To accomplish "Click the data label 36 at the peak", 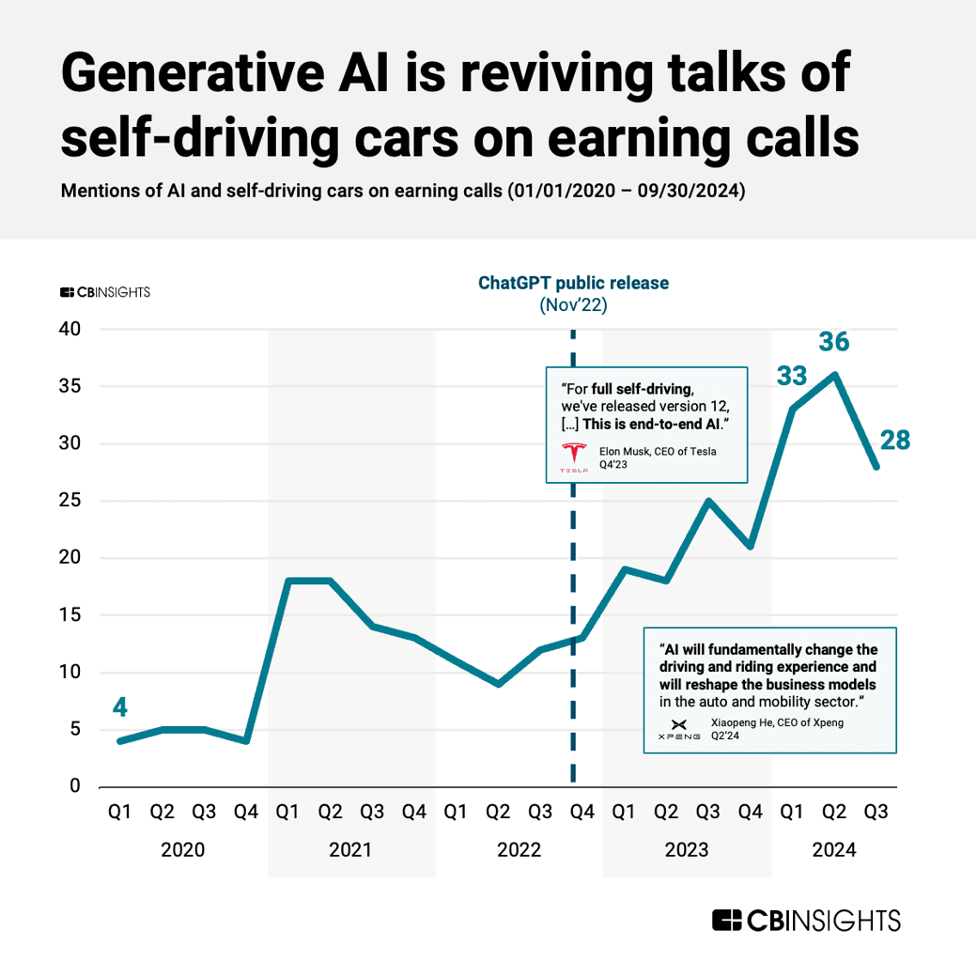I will click(x=834, y=341).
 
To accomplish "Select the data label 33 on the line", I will click(x=792, y=377).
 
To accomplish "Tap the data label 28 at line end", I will click(x=894, y=440).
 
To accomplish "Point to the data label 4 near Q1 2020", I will click(x=120, y=707).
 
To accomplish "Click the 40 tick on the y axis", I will click(x=70, y=330).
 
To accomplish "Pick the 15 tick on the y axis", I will click(x=70, y=615).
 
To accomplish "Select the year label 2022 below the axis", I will click(x=519, y=850).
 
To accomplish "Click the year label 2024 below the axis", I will click(x=834, y=850).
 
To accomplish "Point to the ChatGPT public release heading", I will click(x=573, y=283).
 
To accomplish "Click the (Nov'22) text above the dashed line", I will click(x=573, y=305).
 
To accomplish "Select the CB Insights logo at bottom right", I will click(x=806, y=921).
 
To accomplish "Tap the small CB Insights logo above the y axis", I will click(x=104, y=292).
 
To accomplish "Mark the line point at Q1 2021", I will click(x=287, y=581).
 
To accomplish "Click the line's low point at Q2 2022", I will click(x=498, y=684).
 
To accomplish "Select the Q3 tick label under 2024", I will click(x=876, y=813).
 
